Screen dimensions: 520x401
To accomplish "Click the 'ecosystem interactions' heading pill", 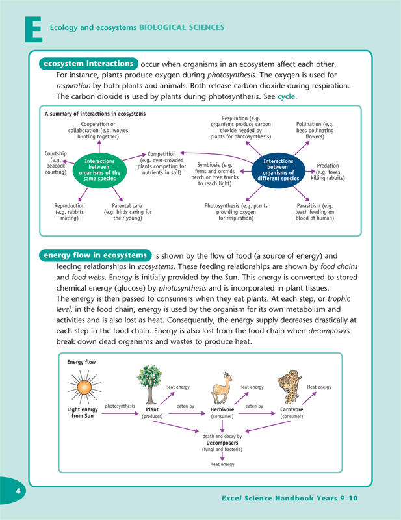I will (x=88, y=64).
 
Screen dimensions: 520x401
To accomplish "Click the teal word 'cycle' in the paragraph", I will (x=286, y=96).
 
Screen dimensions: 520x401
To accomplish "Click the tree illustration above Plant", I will (x=151, y=383).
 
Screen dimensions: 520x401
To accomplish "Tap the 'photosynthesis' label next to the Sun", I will (x=120, y=406).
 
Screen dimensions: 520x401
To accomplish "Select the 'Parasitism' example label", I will (x=315, y=212).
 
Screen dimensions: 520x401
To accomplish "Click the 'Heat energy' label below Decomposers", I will (x=222, y=465).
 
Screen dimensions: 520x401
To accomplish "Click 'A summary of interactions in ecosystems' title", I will (x=95, y=114).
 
